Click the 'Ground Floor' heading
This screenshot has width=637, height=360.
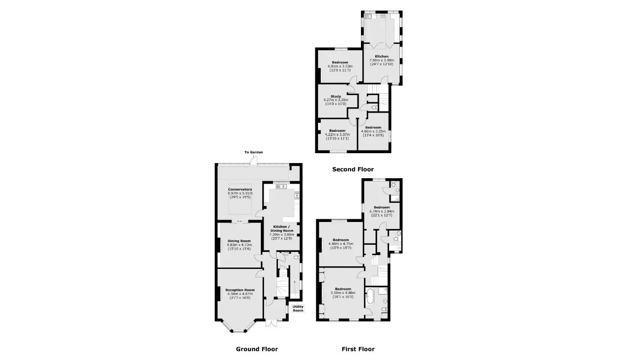(x=257, y=349)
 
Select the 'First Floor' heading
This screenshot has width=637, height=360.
(x=358, y=349)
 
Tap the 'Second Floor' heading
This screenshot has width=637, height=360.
(x=353, y=169)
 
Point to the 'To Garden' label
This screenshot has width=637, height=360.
(x=254, y=152)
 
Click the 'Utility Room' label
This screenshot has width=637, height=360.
(x=298, y=309)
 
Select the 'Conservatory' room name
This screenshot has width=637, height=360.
(x=240, y=189)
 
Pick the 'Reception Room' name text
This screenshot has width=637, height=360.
(x=240, y=290)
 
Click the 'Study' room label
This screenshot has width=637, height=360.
(x=336, y=96)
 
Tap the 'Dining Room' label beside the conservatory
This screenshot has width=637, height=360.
(x=239, y=241)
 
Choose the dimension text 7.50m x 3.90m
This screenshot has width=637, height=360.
(x=381, y=60)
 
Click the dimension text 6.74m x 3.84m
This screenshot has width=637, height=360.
(x=381, y=211)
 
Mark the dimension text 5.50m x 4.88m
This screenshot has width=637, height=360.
(x=343, y=293)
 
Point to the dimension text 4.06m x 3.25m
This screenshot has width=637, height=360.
(x=373, y=131)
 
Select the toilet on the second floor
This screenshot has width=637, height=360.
(x=375, y=107)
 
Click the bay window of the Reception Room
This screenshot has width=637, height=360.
(x=239, y=327)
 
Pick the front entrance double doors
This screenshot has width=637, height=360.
(x=271, y=323)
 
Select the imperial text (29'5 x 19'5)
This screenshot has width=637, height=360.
(x=240, y=197)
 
